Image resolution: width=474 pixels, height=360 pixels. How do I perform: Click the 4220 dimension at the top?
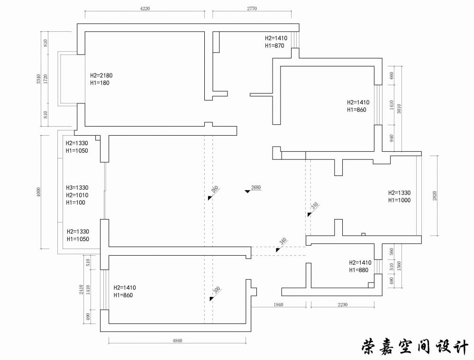(x=145, y=8)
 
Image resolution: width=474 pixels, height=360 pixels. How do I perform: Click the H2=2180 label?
(x=101, y=75)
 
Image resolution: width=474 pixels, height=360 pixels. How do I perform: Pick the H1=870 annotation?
(x=274, y=46)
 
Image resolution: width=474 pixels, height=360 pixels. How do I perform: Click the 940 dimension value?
(x=392, y=138)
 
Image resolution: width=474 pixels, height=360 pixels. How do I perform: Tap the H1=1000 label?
(x=399, y=200)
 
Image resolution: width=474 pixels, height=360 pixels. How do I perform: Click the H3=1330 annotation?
(x=77, y=188)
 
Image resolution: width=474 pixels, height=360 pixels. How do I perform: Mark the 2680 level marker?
(x=256, y=187)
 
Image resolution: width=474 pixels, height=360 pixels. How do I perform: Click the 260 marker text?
(x=215, y=191)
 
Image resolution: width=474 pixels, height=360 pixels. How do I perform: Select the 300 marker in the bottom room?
(x=217, y=291)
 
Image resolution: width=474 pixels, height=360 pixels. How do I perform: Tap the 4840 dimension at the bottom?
(x=177, y=341)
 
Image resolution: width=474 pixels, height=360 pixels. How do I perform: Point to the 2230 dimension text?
(x=343, y=305)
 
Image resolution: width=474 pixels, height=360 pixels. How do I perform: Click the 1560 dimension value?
(x=399, y=269)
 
